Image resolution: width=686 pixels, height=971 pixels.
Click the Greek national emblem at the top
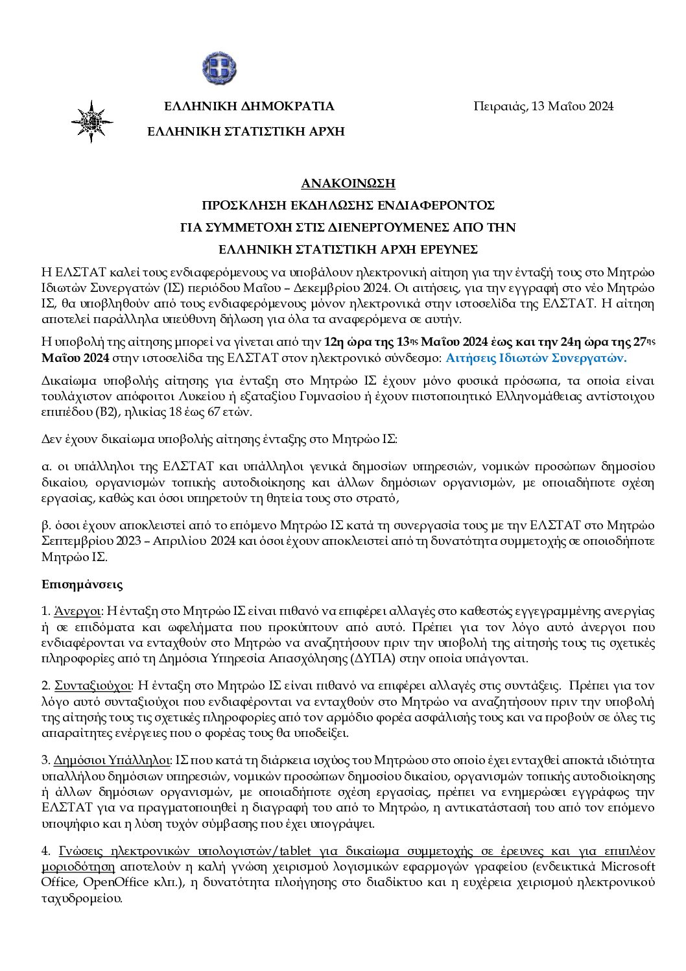(x=219, y=67)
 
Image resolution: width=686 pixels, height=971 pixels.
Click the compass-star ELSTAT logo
(x=92, y=121)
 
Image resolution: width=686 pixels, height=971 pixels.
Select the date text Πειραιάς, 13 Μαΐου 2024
(x=543, y=106)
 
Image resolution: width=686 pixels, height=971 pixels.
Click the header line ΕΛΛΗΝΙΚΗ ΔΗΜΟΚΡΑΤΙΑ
(x=250, y=106)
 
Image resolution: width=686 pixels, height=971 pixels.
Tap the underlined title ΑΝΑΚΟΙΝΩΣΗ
(x=348, y=184)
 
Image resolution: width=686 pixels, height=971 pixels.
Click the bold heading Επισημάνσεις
(x=82, y=584)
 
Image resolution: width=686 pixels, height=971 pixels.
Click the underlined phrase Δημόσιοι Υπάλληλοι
(x=112, y=760)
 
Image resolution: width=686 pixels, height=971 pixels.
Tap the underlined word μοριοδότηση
(x=78, y=867)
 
